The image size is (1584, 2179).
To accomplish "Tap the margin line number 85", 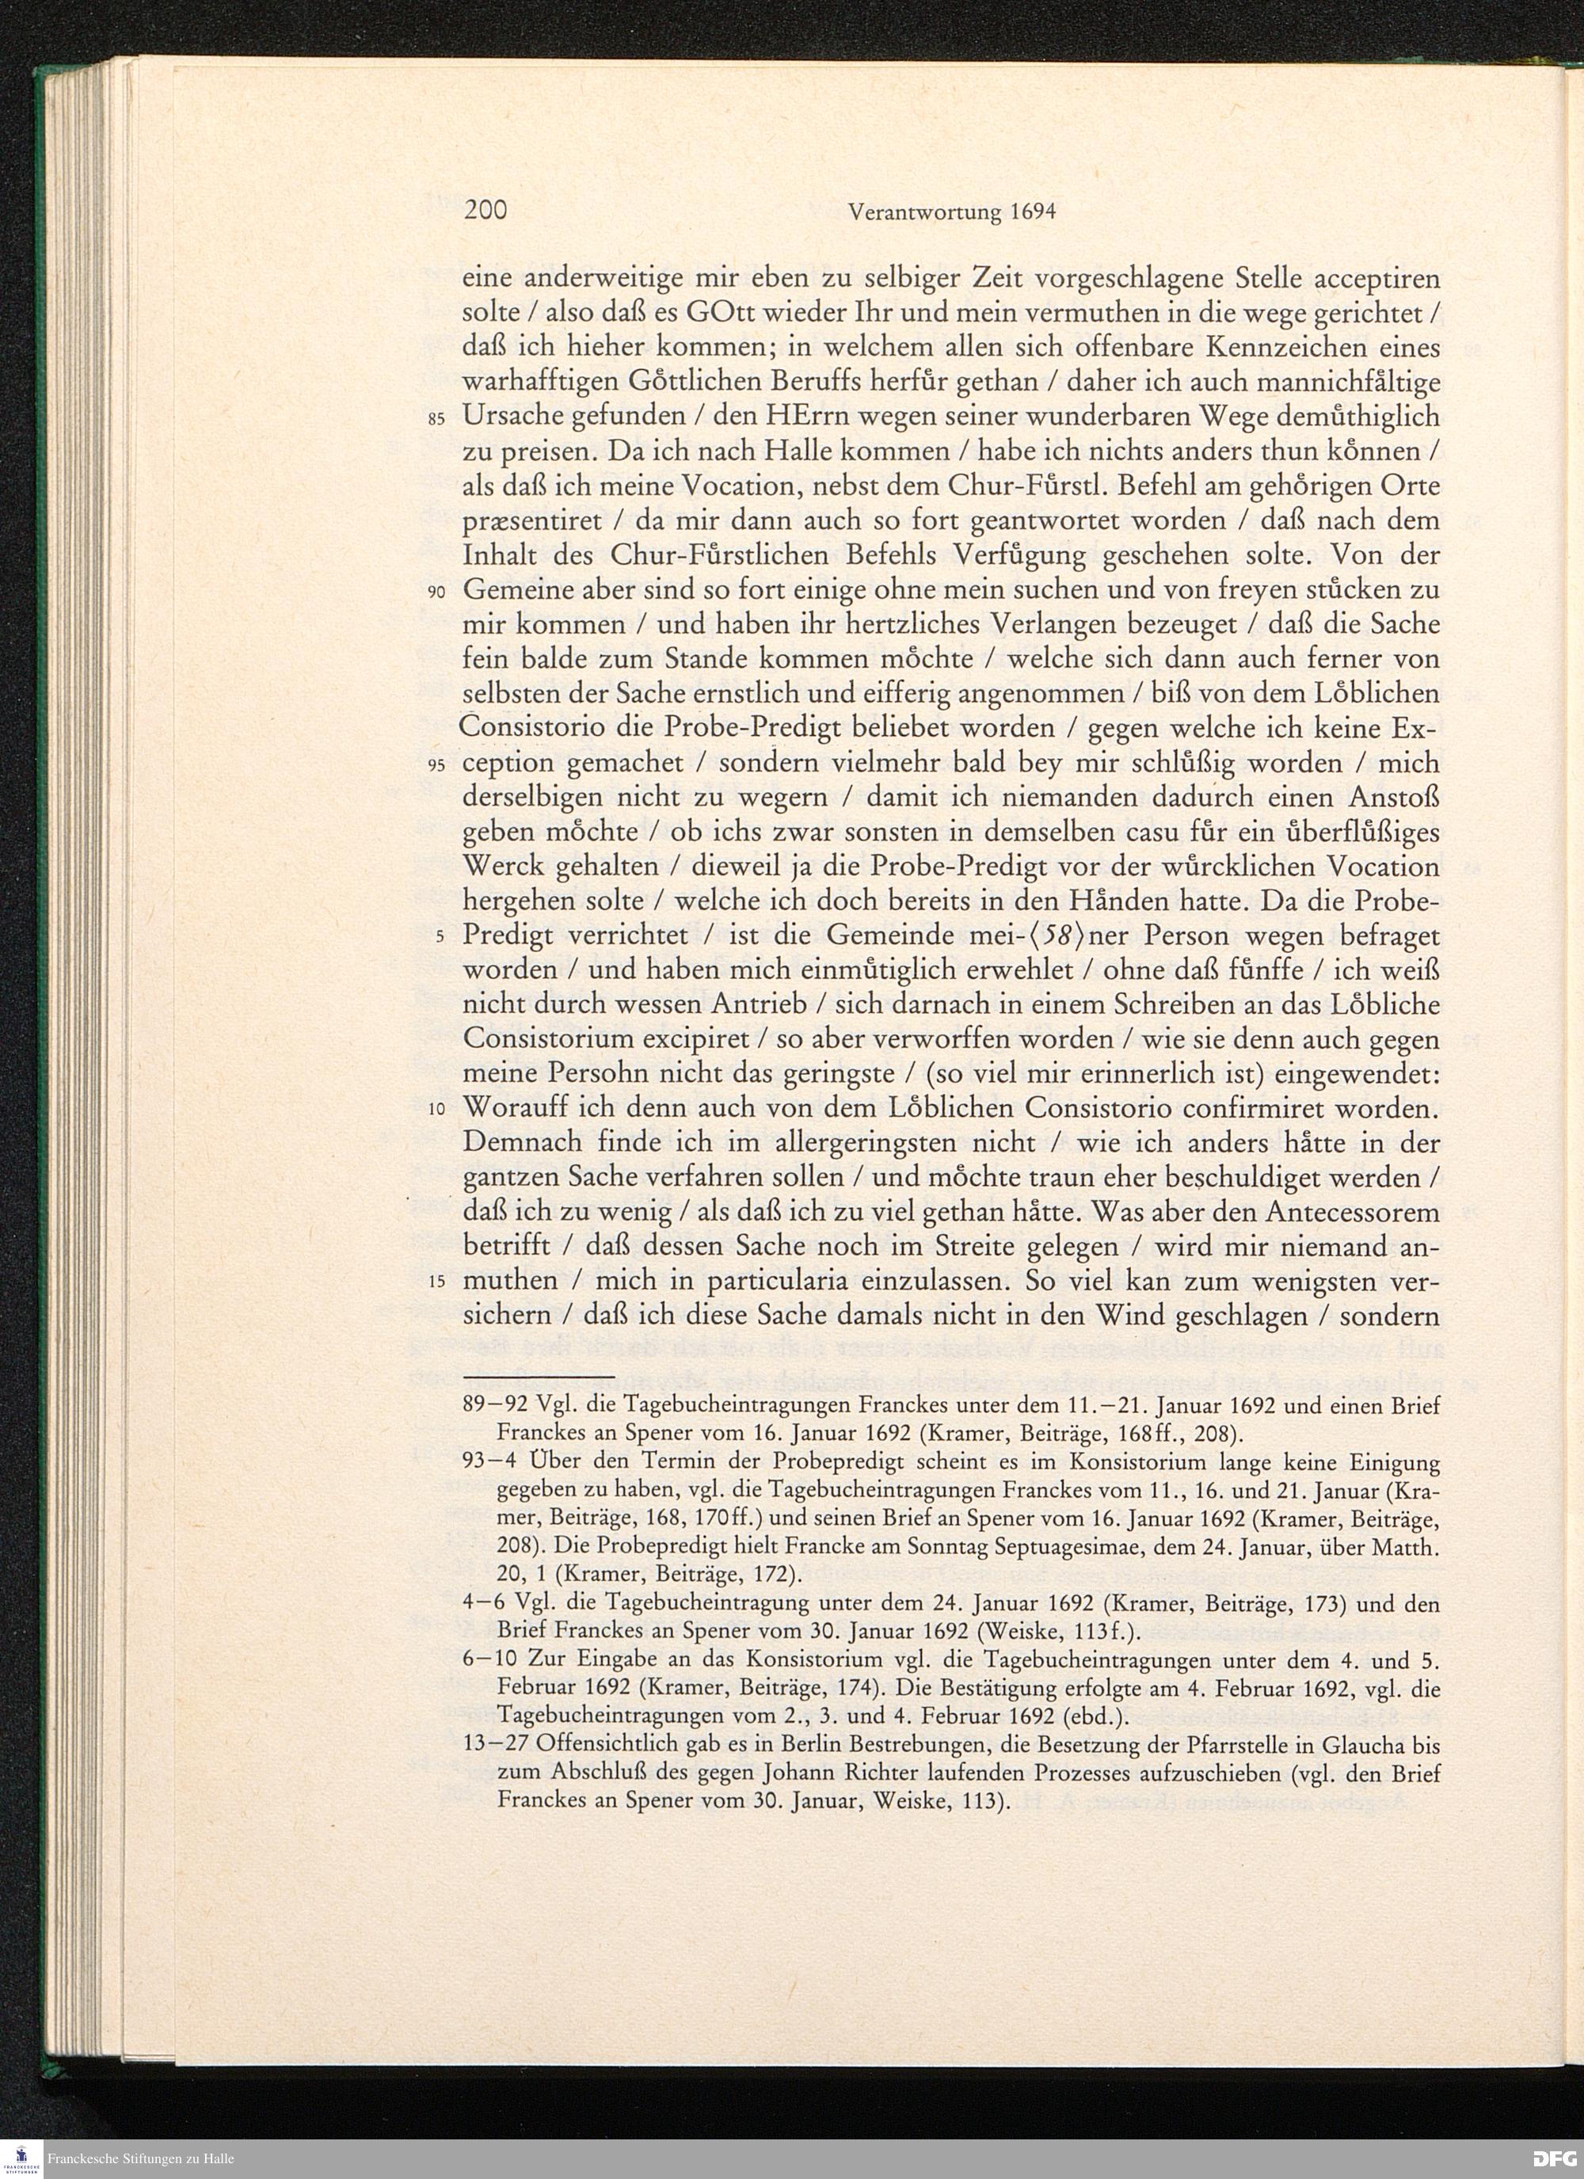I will pyautogui.click(x=437, y=420).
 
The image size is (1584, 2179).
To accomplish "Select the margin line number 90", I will pyautogui.click(x=437, y=592).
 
